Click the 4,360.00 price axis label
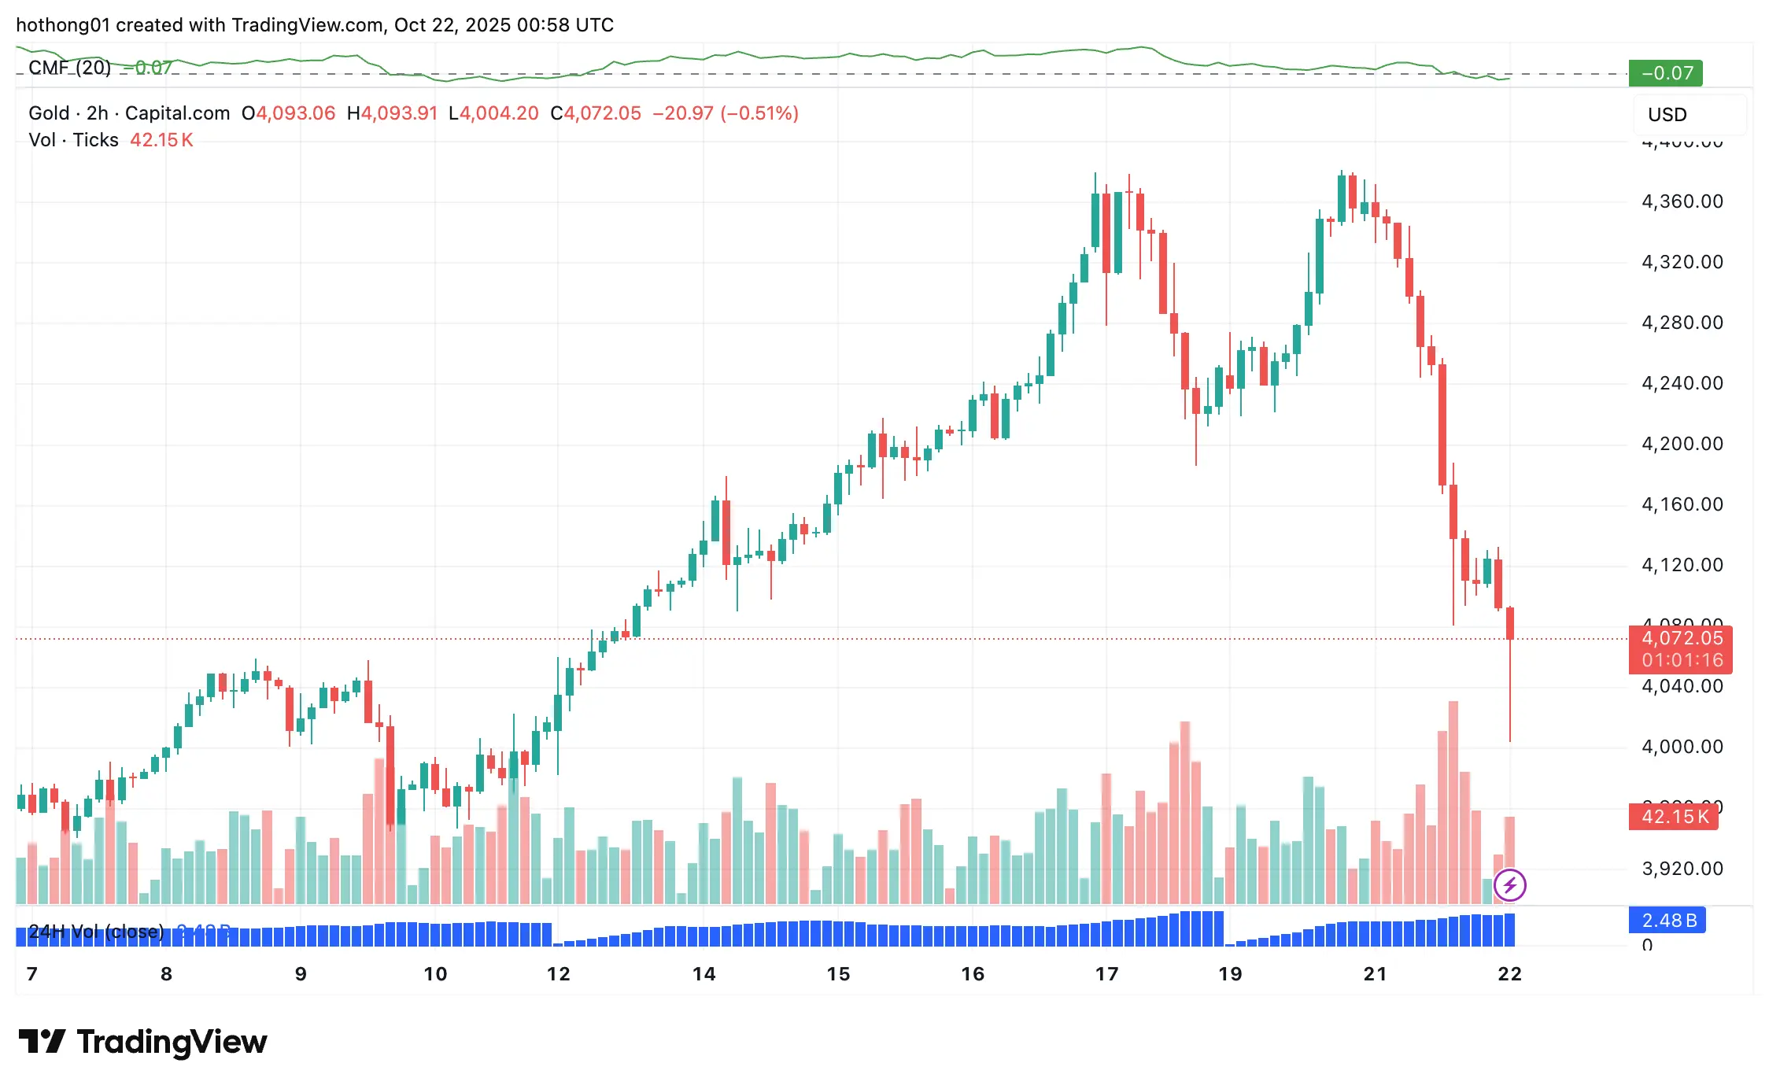click(x=1682, y=201)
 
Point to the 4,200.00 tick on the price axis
click(x=1682, y=444)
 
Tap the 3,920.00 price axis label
click(x=1682, y=869)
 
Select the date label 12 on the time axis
click(x=558, y=974)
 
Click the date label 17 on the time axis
click(x=1106, y=974)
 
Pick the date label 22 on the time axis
click(x=1509, y=974)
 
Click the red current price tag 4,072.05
click(x=1680, y=639)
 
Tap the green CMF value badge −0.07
click(x=1666, y=73)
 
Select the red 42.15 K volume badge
click(x=1674, y=817)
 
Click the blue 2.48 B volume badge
click(x=1667, y=921)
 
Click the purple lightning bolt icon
click(x=1509, y=885)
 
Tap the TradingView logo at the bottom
click(x=143, y=1042)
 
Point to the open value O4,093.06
click(x=289, y=113)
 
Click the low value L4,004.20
click(x=493, y=113)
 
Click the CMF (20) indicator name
click(x=69, y=68)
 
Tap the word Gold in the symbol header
click(x=49, y=113)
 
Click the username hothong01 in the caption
click(x=63, y=25)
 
